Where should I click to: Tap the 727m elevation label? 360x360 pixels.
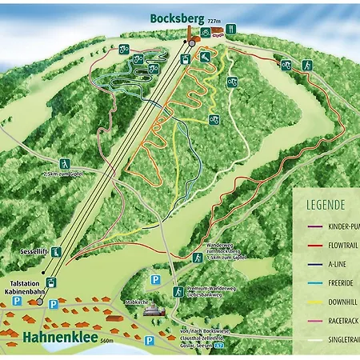click(x=213, y=20)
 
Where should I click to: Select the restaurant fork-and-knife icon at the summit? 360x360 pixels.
click(x=231, y=30)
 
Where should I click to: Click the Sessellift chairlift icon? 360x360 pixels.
click(x=57, y=251)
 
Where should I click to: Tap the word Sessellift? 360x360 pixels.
click(x=33, y=251)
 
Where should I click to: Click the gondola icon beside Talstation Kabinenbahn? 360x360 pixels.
click(x=51, y=282)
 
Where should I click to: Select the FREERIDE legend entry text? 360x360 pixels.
click(x=343, y=282)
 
